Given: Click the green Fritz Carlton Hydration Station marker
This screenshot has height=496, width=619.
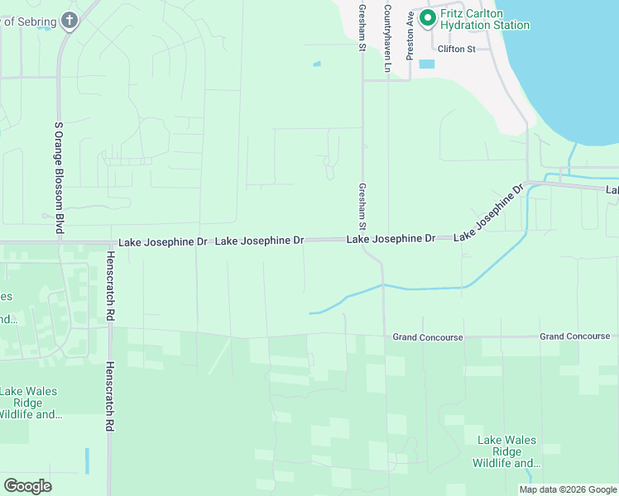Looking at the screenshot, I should click(429, 17).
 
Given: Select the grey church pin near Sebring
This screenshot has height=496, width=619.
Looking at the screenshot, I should click(70, 21).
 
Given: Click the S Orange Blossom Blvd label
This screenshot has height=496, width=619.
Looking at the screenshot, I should click(59, 178).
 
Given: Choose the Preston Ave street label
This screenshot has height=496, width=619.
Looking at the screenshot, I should click(410, 34).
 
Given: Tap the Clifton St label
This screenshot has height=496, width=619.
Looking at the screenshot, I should click(457, 50).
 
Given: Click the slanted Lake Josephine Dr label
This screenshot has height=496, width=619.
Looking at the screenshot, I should click(489, 213).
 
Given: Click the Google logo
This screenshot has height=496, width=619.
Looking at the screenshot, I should click(27, 485).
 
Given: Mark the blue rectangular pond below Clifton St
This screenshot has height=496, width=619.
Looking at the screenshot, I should click(426, 64).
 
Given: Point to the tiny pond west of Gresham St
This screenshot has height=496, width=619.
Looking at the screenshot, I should click(317, 64).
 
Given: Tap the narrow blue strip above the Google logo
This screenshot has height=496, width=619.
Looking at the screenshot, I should click(86, 460).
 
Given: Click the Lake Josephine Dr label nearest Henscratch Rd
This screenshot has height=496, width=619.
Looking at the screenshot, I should click(162, 242).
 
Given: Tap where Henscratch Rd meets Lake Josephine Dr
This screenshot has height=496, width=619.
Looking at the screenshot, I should click(109, 243).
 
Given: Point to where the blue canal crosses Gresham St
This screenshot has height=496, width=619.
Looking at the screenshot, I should click(383, 285).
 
